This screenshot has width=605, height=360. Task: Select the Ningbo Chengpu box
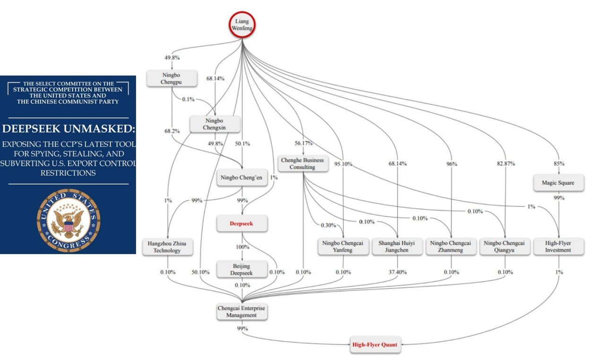(x=172, y=78)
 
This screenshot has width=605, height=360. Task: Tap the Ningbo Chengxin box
(x=215, y=124)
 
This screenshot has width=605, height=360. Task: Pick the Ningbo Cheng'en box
(x=242, y=178)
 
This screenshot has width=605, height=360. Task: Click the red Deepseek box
(x=242, y=223)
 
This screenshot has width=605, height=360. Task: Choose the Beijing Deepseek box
(x=242, y=269)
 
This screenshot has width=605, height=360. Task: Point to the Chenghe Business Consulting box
(x=303, y=163)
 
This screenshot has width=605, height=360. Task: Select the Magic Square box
(x=559, y=183)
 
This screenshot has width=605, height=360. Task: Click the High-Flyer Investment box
(x=559, y=247)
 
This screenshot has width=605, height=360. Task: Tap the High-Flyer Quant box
(x=375, y=344)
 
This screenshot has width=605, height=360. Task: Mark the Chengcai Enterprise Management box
(x=242, y=312)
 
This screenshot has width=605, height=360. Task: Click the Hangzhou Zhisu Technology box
(x=167, y=247)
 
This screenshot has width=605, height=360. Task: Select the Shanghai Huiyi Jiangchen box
(x=397, y=247)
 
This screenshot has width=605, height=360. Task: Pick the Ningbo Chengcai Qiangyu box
(x=505, y=247)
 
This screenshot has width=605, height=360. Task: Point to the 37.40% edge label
(x=398, y=272)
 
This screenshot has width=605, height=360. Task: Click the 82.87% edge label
(x=506, y=163)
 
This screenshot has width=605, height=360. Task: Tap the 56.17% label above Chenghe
(x=303, y=143)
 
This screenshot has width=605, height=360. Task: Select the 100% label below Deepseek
(x=242, y=247)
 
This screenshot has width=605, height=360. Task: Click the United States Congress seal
(x=69, y=221)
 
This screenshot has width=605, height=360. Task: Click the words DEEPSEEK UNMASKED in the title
(x=69, y=129)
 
